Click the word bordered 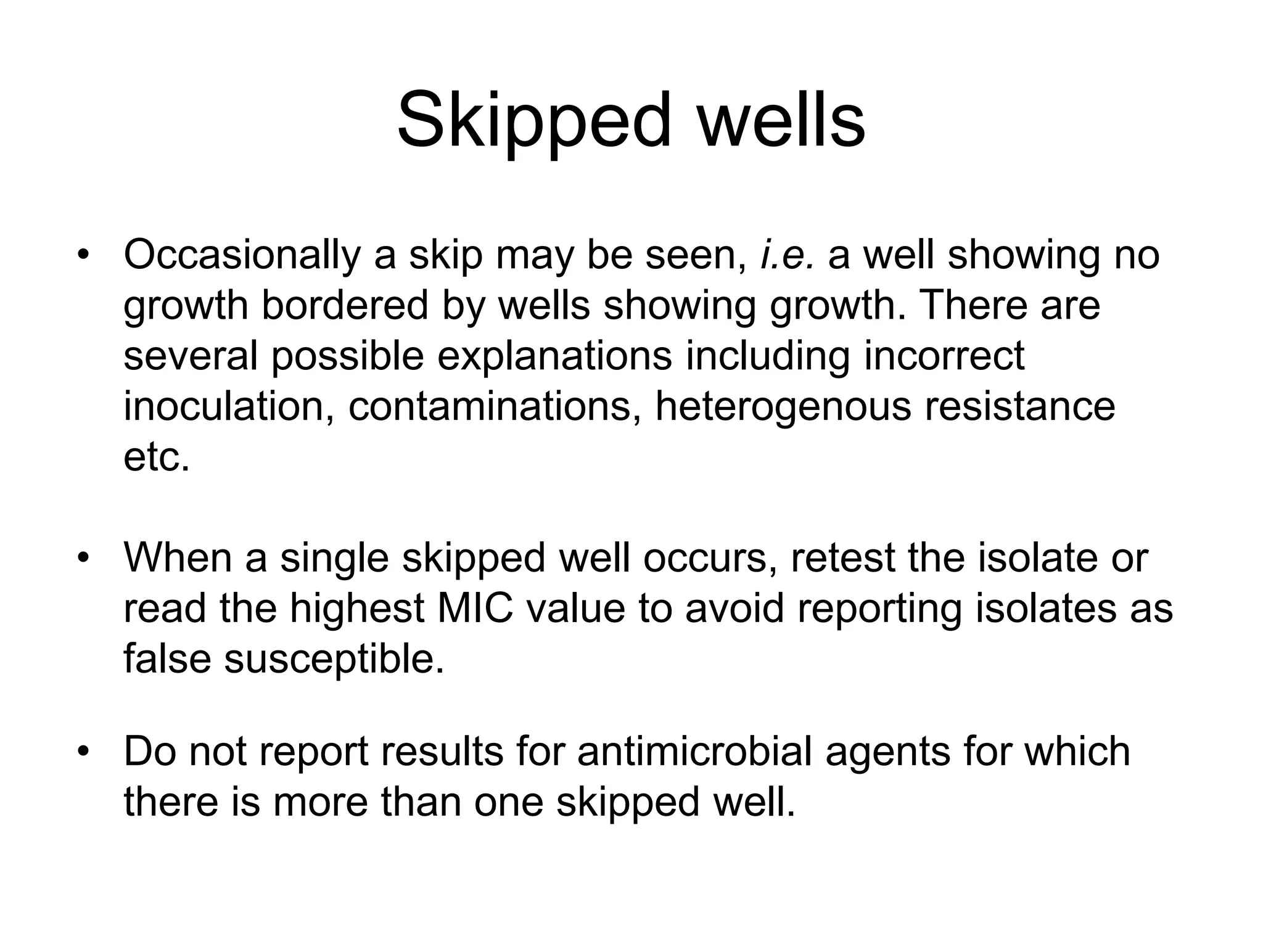345,305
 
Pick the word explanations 554,356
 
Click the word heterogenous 783,408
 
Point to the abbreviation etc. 157,457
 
